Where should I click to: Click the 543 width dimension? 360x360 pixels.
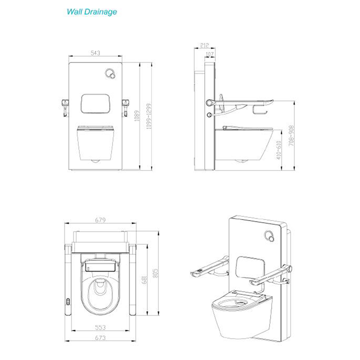click(95, 53)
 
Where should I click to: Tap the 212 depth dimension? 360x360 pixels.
click(204, 45)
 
